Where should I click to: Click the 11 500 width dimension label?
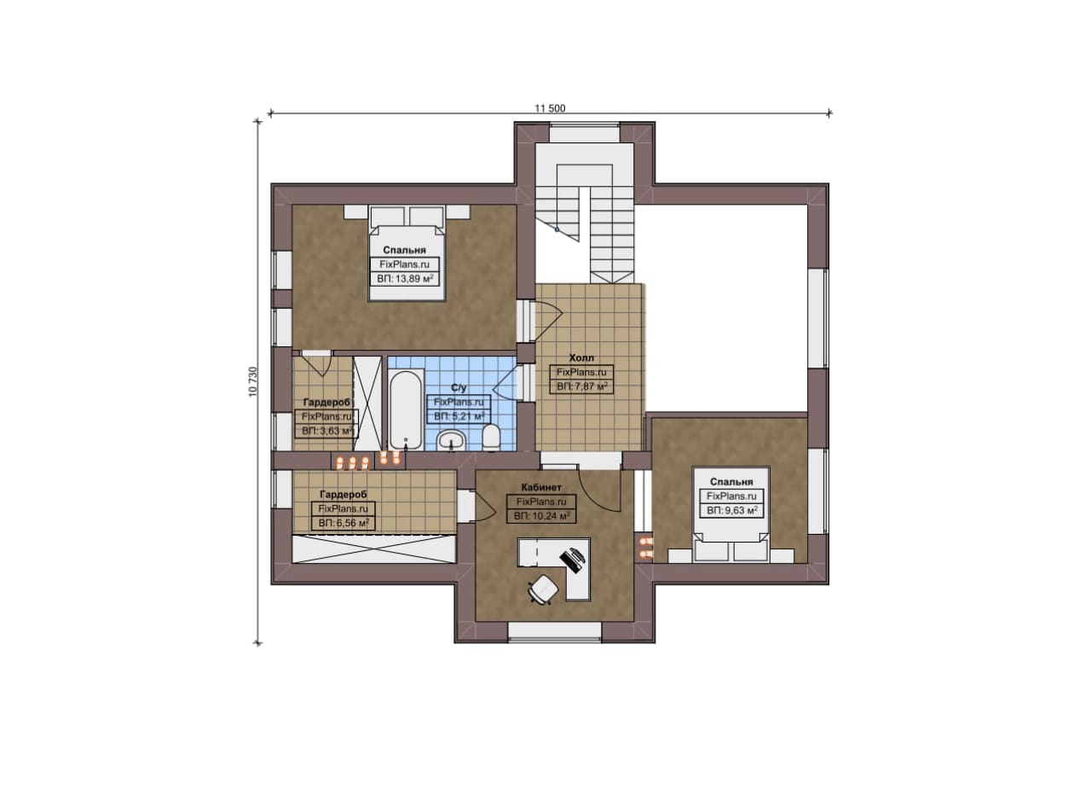550,108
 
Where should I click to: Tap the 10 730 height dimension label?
253,381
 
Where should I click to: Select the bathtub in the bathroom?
405,410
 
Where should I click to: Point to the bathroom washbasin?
453,440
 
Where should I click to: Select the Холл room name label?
581,357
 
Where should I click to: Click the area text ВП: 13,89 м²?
405,279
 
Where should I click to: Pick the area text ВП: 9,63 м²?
731,510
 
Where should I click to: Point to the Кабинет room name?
541,487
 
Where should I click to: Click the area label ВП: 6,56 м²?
343,523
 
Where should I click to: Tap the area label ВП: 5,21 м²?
459,416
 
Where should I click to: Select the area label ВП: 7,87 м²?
582,386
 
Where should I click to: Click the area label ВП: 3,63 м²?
327,431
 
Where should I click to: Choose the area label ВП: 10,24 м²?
541,516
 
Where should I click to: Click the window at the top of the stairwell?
585,133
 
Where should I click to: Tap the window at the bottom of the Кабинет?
555,630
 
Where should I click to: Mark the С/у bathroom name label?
459,387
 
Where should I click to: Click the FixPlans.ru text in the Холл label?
581,372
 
